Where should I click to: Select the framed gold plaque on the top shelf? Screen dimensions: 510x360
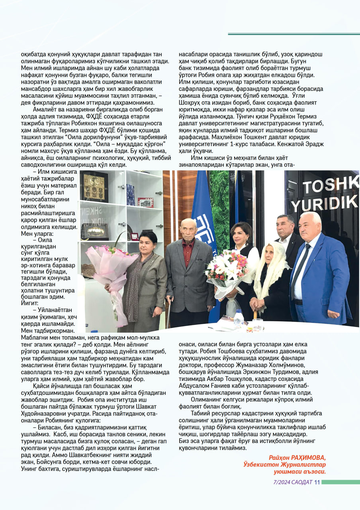point(95,187)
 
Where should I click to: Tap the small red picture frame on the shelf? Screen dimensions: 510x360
point(145,202)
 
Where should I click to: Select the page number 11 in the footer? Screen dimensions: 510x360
point(317,483)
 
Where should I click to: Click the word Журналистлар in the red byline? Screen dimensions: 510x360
point(306,465)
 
